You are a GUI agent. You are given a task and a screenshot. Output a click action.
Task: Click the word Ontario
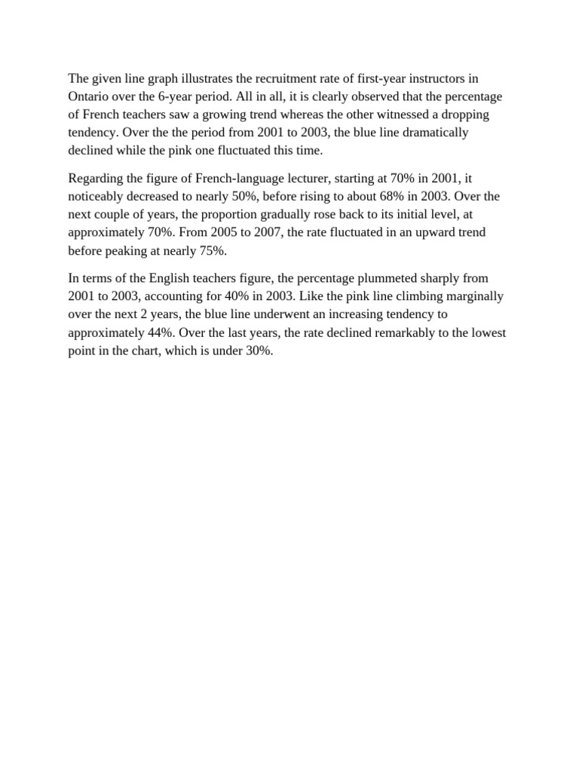pos(90,96)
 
